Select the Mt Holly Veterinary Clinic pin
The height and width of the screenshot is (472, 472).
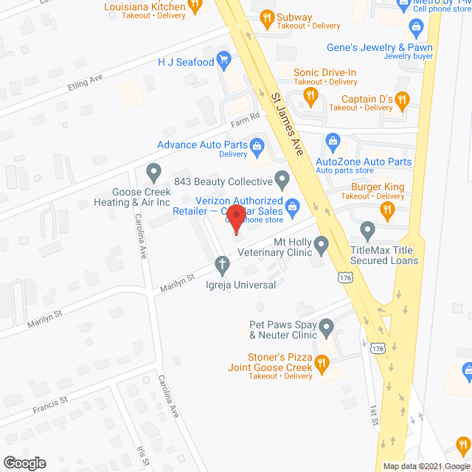tap(322, 243)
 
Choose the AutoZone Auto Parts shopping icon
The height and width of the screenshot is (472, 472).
tap(332, 140)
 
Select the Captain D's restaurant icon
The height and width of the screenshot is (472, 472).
tap(402, 98)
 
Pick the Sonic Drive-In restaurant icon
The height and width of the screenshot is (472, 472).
tap(311, 96)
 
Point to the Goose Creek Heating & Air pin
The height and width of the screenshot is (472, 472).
tap(153, 173)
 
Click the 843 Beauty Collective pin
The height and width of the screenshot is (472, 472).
tap(282, 178)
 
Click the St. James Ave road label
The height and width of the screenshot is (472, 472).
tap(286, 122)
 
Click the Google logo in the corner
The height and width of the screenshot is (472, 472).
tap(24, 462)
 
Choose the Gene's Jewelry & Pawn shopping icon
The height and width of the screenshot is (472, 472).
tap(415, 29)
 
